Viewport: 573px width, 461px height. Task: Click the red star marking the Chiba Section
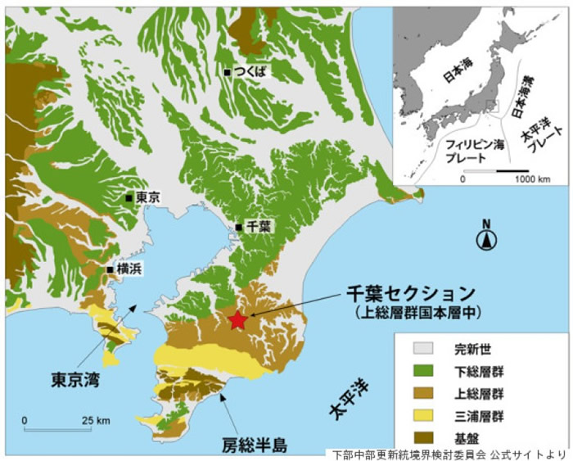click(x=237, y=320)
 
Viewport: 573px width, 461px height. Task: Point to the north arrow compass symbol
click(x=486, y=239)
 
